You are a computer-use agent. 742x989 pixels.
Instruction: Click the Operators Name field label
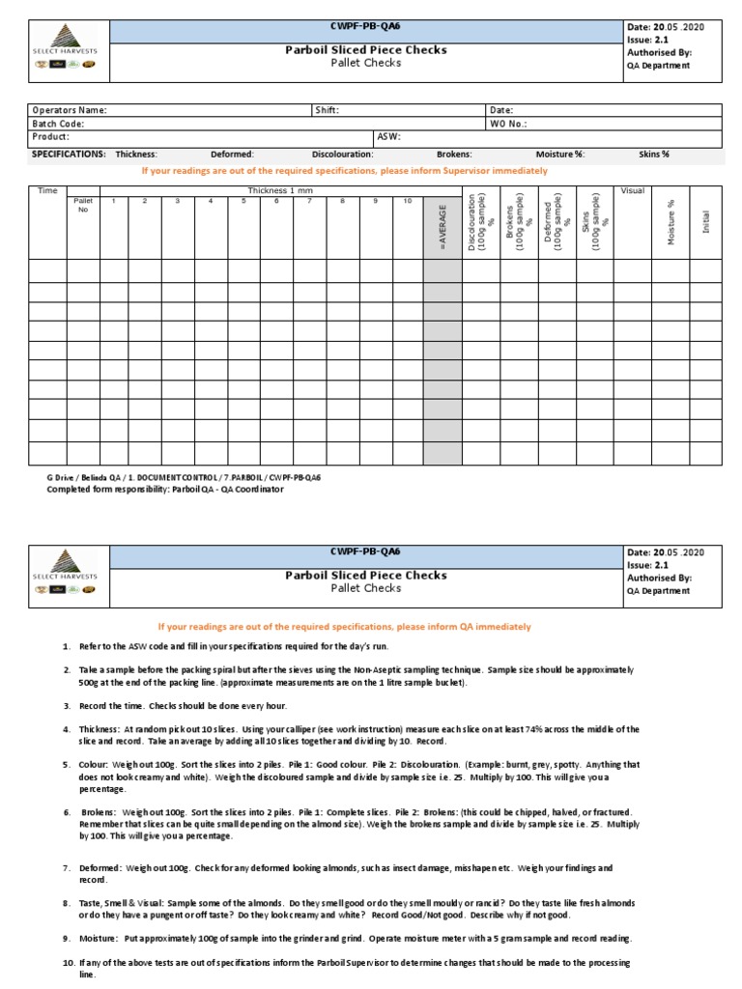[x=69, y=110]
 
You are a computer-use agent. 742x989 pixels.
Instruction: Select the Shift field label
[x=327, y=110]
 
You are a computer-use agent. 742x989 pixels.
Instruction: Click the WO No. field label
[x=508, y=124]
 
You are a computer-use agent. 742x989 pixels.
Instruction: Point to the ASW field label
[x=388, y=137]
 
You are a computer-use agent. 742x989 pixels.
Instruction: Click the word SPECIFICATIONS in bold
[x=69, y=154]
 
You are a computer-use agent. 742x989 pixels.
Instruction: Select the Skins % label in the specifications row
[x=654, y=154]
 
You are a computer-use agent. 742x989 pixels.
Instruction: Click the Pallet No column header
[x=82, y=205]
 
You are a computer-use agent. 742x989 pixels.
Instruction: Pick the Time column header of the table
[x=47, y=190]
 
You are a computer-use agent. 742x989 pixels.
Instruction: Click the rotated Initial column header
[x=706, y=222]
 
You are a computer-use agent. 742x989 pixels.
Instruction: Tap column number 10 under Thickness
[x=408, y=201]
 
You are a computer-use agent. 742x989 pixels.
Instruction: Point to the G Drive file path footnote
[x=184, y=477]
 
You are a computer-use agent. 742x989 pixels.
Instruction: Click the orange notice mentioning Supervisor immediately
[x=344, y=171]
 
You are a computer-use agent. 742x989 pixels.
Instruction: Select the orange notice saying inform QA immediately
[x=344, y=627]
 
